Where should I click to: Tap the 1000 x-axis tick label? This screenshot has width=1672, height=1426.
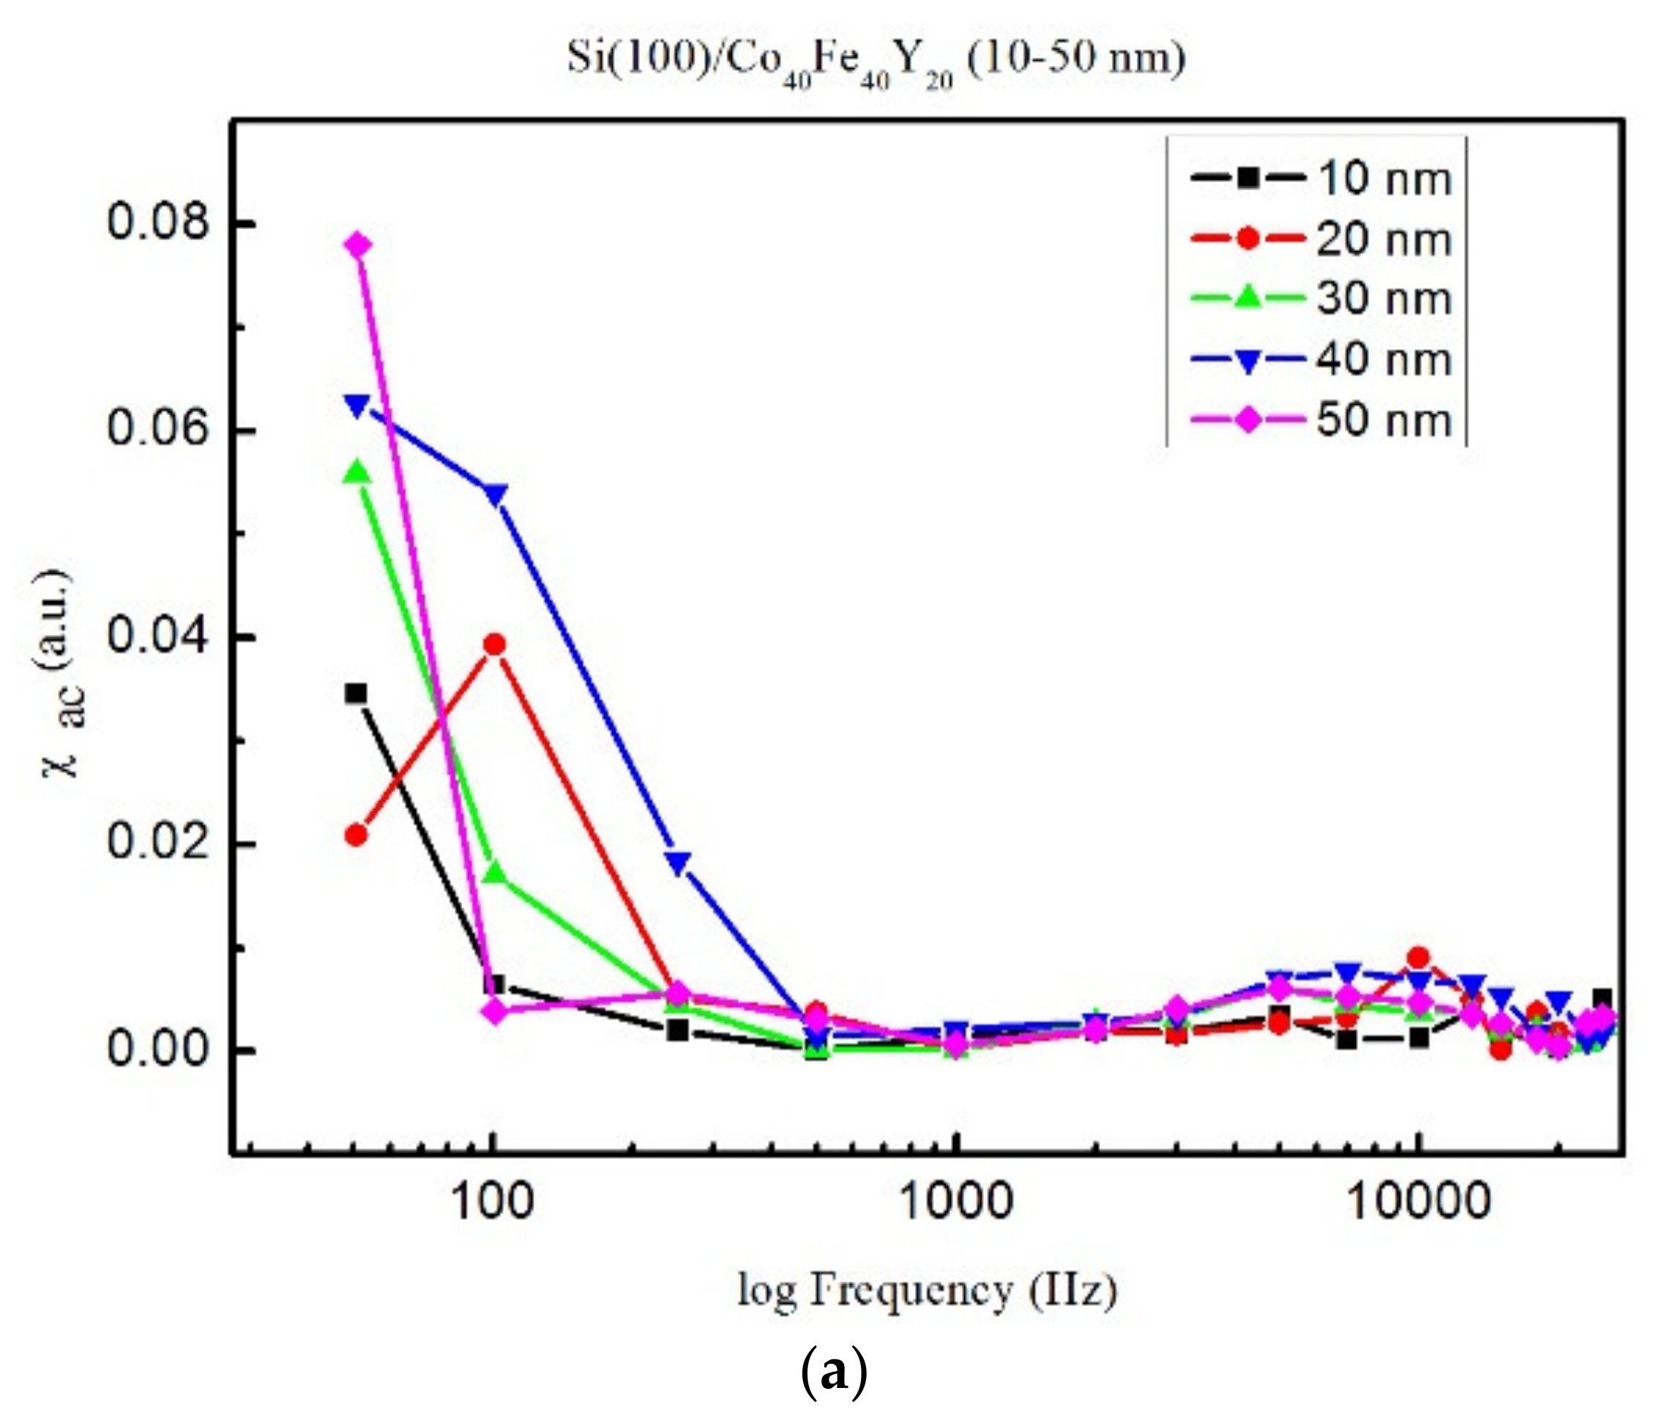[x=955, y=1202]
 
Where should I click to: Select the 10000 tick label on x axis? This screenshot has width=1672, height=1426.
[x=1418, y=1202]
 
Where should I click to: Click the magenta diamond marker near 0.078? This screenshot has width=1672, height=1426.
[x=358, y=244]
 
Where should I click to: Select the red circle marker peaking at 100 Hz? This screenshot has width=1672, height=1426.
[x=495, y=644]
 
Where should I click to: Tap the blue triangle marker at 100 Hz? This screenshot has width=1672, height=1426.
[x=495, y=493]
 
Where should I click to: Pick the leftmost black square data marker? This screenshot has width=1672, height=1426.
[x=356, y=693]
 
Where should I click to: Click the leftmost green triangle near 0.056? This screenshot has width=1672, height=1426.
[x=357, y=473]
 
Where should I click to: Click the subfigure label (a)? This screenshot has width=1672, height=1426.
[x=835, y=1371]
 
